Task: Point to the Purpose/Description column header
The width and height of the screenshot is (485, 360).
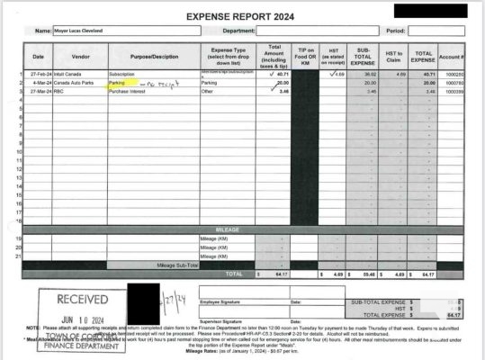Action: [153, 56]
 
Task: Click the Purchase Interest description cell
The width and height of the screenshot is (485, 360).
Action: [129, 92]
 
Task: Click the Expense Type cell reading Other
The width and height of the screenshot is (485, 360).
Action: [209, 92]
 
